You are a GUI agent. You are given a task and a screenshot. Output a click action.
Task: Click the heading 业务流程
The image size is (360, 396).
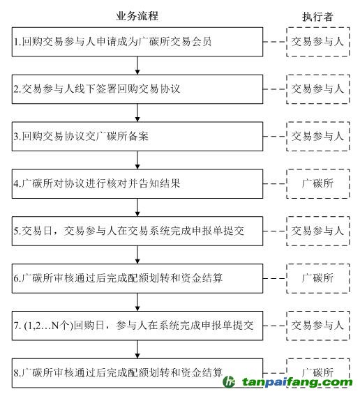pyautogui.click(x=137, y=16)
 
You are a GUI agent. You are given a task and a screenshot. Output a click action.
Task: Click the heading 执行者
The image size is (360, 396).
pyautogui.click(x=317, y=17)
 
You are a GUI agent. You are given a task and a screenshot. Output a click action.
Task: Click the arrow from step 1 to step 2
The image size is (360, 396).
pyautogui.click(x=137, y=66)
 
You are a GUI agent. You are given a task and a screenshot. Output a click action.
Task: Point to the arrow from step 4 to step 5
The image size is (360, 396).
pyautogui.click(x=137, y=207)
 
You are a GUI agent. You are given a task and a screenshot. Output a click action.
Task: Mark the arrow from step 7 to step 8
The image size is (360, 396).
pyautogui.click(x=137, y=349)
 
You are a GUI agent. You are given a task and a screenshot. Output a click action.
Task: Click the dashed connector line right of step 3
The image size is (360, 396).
pyautogui.click(x=275, y=137)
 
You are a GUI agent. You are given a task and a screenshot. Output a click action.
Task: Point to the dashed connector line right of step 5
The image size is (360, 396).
pyautogui.click(x=275, y=231)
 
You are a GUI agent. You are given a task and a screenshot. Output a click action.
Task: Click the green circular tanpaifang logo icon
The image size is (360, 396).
pyautogui.click(x=229, y=381)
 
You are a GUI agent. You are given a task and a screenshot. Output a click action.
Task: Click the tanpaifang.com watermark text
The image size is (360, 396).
pyautogui.click(x=297, y=382)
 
